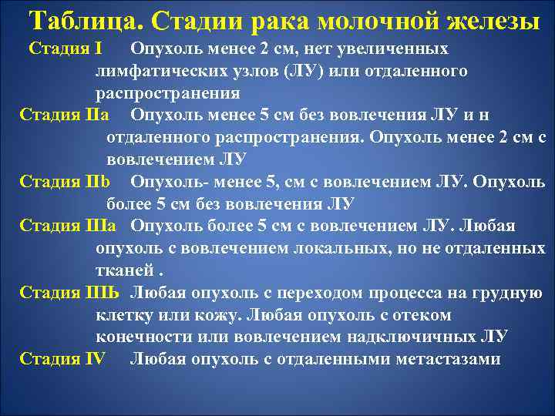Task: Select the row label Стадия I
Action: point(66,49)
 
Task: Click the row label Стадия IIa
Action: point(64,116)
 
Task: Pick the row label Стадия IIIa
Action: point(68,226)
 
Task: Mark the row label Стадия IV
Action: point(62,359)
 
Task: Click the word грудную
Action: point(505,293)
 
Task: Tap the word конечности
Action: point(143,337)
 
